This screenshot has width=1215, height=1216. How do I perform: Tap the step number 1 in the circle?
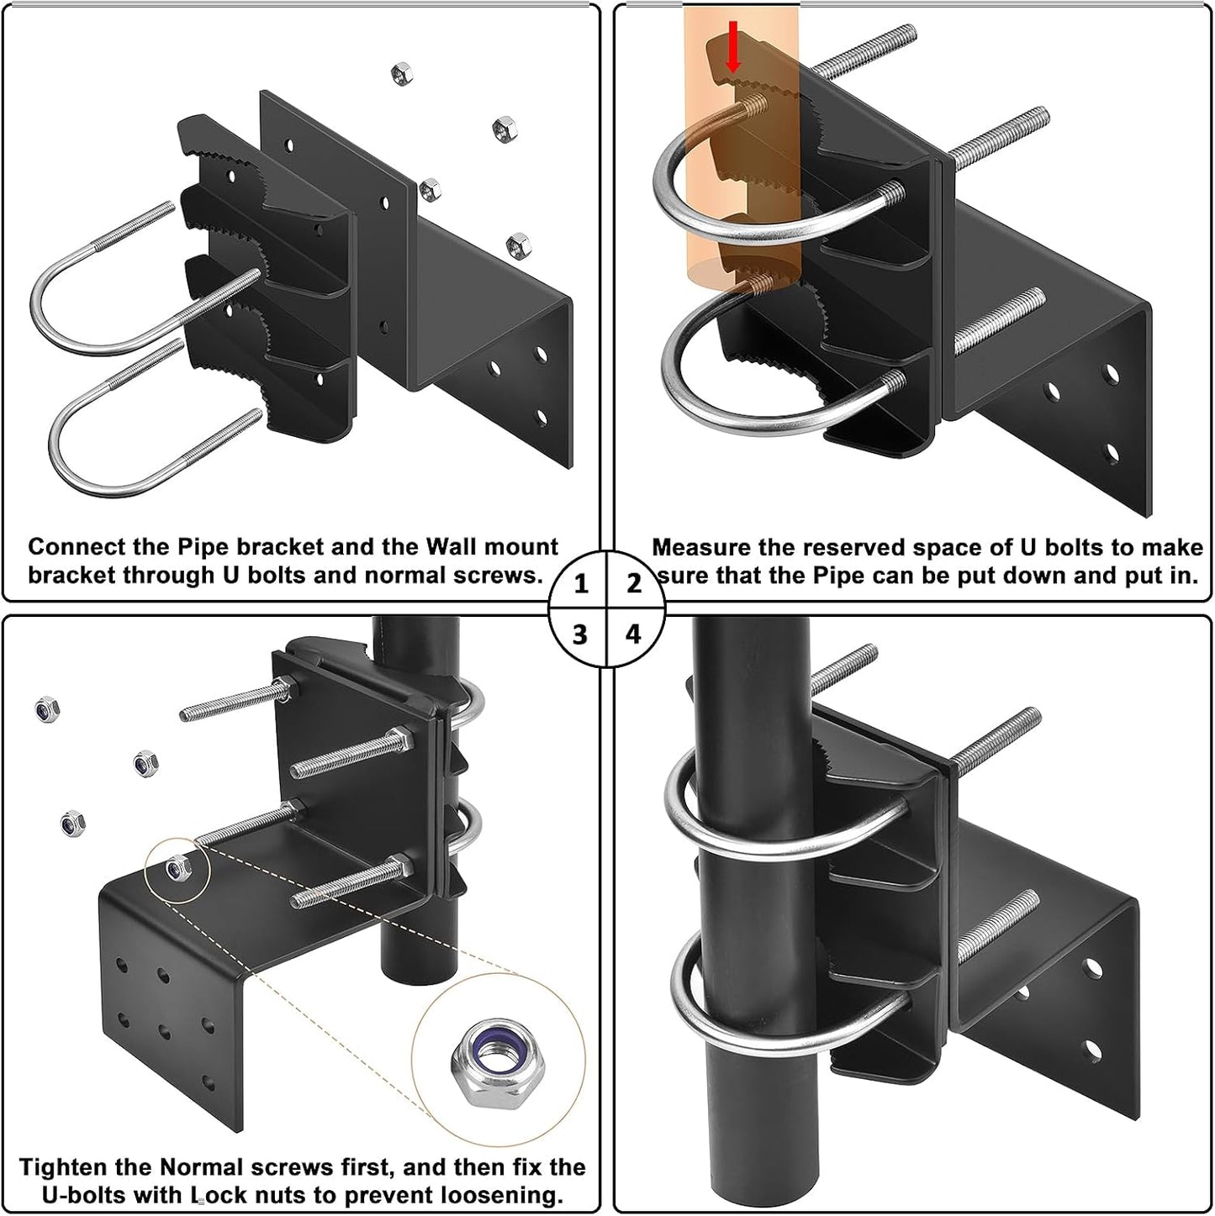pos(581,583)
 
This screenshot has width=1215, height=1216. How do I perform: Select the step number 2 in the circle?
pos(634,583)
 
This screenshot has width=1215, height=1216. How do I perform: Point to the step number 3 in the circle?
pos(580,634)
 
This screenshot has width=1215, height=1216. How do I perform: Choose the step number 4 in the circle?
pos(633,634)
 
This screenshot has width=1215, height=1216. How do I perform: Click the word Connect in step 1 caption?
pos(71,547)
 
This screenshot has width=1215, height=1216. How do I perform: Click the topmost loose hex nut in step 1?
pos(401,75)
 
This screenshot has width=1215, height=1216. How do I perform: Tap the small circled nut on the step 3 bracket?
pos(177,866)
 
